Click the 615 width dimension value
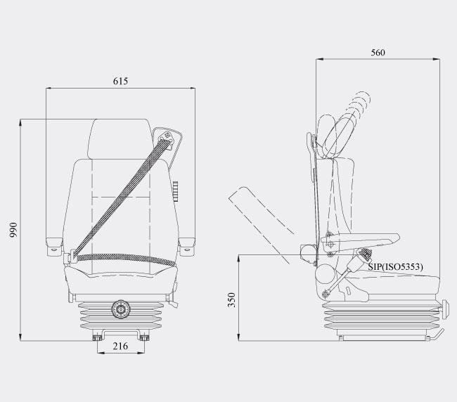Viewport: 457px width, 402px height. (120, 81)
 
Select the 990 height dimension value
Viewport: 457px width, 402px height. (13, 230)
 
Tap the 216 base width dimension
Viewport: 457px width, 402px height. (120, 346)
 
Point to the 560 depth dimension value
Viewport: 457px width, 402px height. (378, 53)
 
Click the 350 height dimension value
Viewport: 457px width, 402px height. (231, 300)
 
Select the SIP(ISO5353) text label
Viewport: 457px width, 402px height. (395, 267)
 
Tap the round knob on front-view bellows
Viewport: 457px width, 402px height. (121, 309)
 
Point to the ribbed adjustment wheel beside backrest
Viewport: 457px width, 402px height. (175, 191)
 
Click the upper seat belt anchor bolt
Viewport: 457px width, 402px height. (167, 135)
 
